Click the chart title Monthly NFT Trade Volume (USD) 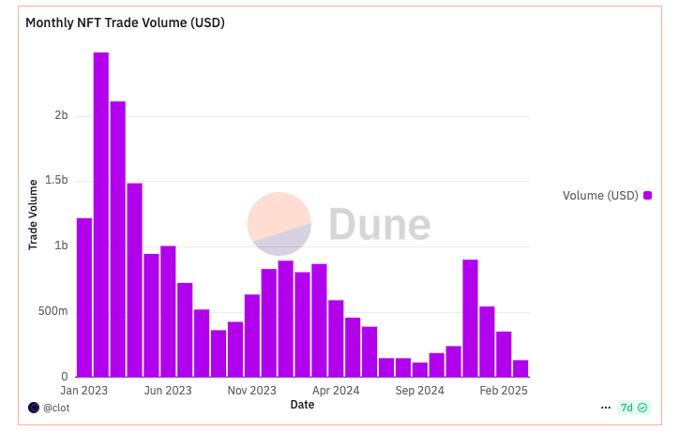tap(125, 22)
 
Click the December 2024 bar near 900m tap(470, 318)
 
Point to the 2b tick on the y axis tap(61, 115)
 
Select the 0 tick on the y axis tap(64, 377)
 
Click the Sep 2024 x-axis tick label tap(420, 390)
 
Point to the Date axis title tap(302, 405)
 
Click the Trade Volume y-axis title tap(33, 214)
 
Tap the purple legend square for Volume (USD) tap(647, 196)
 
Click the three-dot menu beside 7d tap(605, 408)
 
